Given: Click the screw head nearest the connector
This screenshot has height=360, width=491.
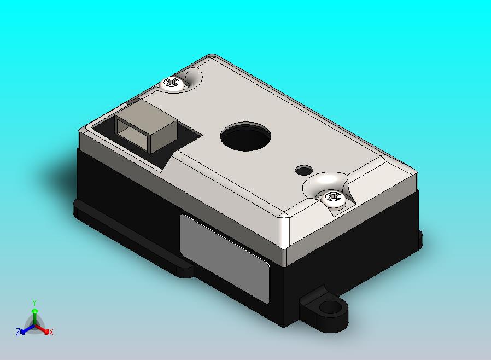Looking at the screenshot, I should point(174,84).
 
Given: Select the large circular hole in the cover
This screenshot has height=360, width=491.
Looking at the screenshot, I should point(246,136).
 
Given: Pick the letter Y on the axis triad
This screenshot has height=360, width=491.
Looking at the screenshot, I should point(34,303).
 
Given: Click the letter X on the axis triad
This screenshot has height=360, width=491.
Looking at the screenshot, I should point(51,332).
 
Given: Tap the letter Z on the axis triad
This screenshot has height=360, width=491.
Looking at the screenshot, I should point(18,332).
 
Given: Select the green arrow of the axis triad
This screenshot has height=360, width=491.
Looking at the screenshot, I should point(34,315).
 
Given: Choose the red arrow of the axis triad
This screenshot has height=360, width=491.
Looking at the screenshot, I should point(44,330).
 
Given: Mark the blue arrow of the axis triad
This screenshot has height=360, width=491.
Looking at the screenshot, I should point(25,330).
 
